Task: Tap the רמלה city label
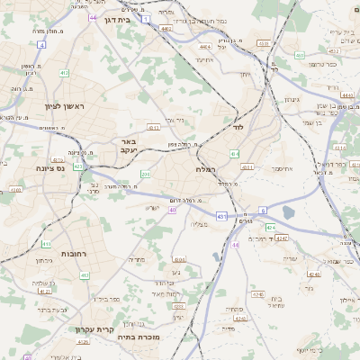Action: pyautogui.click(x=205, y=168)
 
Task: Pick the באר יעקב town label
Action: pyautogui.click(x=129, y=146)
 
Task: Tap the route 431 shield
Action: pyautogui.click(x=221, y=215)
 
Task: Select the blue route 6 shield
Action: pyautogui.click(x=264, y=209)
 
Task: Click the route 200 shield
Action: pyautogui.click(x=146, y=174)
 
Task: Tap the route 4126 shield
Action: pyautogui.click(x=83, y=341)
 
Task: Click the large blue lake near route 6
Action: pyautogui.click(x=291, y=212)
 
